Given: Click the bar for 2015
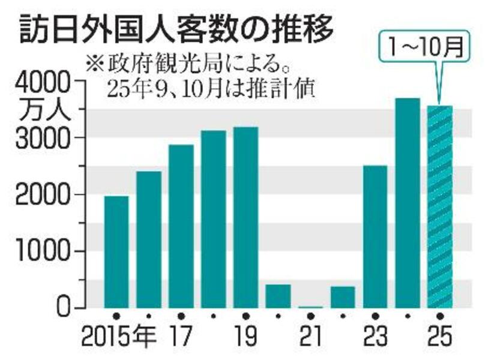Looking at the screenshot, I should [116, 252].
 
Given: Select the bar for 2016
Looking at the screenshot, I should [149, 239].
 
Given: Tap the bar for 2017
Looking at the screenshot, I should [181, 226].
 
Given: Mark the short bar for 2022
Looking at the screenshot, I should [343, 297].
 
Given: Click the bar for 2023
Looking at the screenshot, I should [375, 236].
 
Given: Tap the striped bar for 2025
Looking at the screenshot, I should [440, 207].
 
